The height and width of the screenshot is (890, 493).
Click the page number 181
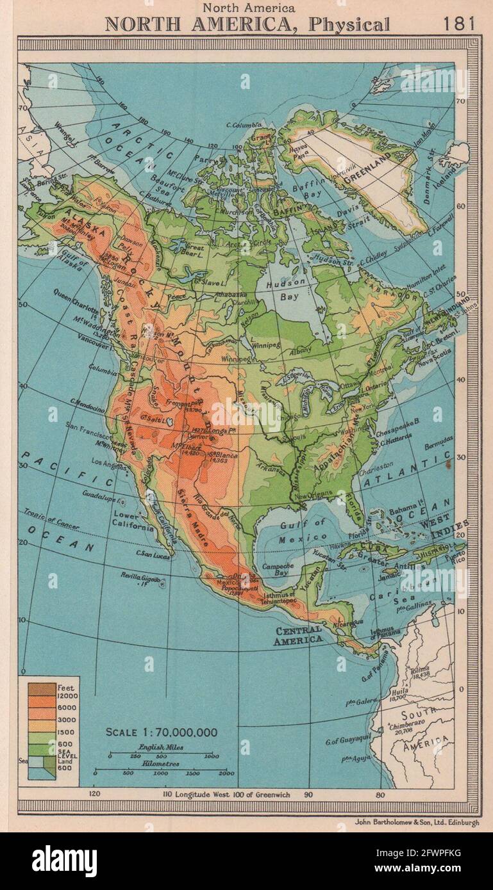point(459,24)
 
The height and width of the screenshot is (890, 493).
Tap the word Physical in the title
point(349,25)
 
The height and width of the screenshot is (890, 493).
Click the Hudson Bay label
point(283,291)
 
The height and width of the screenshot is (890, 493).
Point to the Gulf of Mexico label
point(302,531)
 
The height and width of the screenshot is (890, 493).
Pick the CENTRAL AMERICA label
point(298,635)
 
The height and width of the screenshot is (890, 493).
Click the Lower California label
point(134,522)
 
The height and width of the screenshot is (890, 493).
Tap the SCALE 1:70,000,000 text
point(161,732)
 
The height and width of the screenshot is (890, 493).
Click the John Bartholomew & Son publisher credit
point(415,823)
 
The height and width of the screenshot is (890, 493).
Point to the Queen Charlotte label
point(76,295)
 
